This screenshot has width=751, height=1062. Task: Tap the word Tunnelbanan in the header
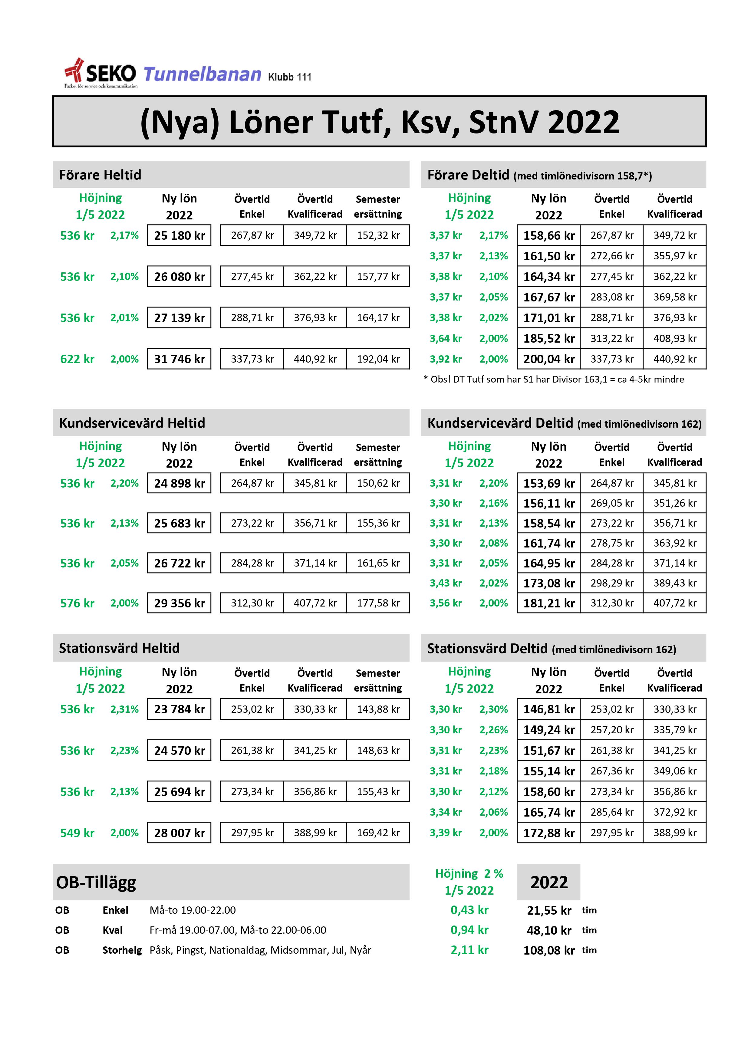click(202, 74)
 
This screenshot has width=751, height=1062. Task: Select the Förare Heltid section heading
click(100, 175)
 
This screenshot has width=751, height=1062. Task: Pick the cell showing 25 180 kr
click(179, 235)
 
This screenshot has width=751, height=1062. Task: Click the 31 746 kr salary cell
click(179, 359)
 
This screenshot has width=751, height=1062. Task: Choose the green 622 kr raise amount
click(77, 359)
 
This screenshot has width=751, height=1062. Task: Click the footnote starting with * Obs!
click(553, 379)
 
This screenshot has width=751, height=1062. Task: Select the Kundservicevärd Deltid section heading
click(564, 423)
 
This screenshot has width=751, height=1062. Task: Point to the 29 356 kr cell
click(179, 603)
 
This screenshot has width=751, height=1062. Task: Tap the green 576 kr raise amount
click(77, 603)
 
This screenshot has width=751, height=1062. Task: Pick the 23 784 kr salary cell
click(179, 709)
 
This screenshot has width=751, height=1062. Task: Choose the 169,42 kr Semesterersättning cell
click(378, 833)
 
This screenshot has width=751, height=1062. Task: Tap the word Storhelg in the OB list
click(122, 950)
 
